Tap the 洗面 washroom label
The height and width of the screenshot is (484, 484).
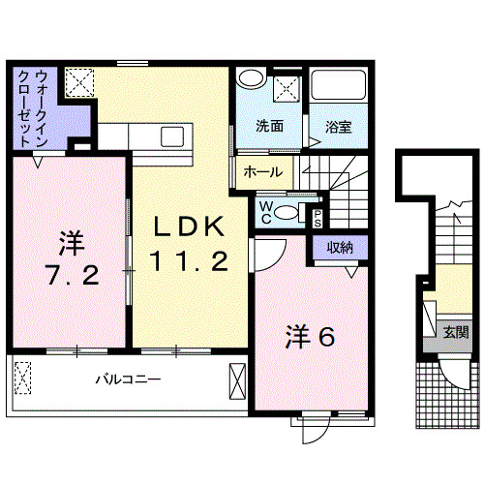[x=269, y=126]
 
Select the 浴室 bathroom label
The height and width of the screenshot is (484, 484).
[x=338, y=126]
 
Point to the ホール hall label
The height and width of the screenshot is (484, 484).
[x=263, y=172]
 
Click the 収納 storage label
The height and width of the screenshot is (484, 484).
[x=339, y=248]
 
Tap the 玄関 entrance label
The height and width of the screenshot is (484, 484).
[x=455, y=331]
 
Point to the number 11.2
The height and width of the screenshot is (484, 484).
[x=188, y=260]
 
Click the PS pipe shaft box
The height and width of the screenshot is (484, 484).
[x=317, y=216]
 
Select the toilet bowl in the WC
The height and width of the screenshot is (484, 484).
[x=286, y=215]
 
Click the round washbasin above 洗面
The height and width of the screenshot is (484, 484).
[x=251, y=81]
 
